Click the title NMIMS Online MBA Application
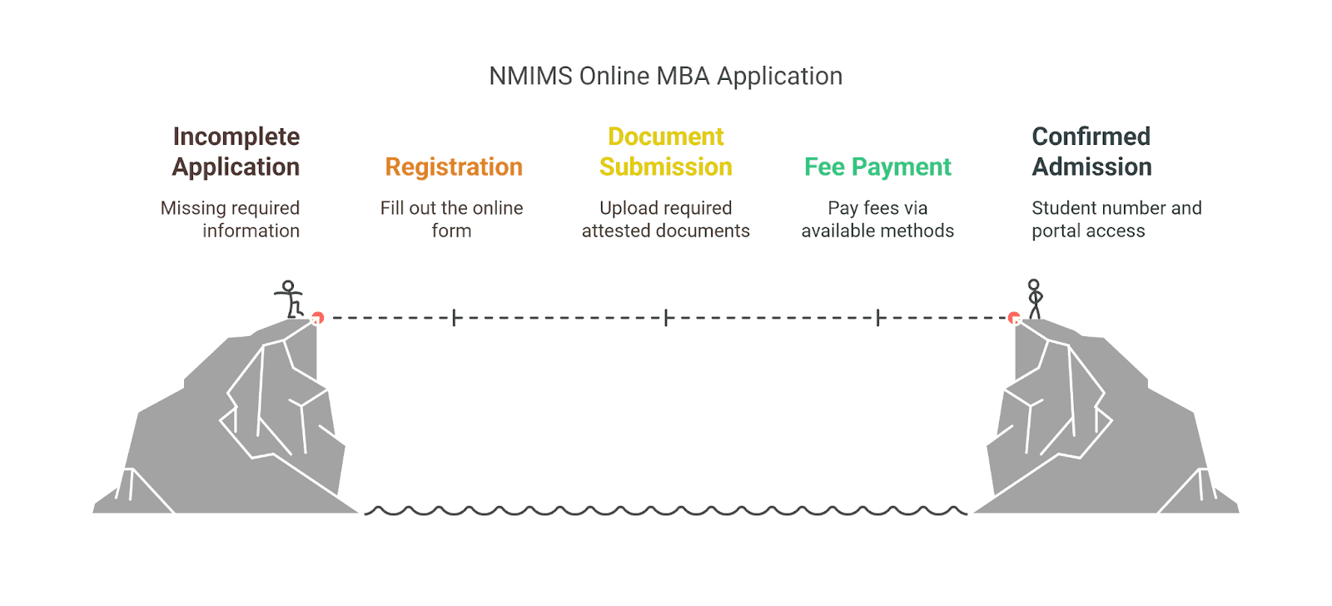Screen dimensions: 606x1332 click(665, 76)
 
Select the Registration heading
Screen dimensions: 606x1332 click(454, 167)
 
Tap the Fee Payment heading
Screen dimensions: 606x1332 click(877, 167)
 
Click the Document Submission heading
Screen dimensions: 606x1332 click(666, 151)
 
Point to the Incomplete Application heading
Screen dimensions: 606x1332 click(236, 151)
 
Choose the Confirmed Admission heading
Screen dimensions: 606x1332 click(1091, 151)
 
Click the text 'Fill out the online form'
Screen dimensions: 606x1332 click(452, 219)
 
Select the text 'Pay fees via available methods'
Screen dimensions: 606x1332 click(877, 219)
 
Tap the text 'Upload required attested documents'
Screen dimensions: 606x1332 click(666, 219)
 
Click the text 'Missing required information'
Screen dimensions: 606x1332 click(231, 219)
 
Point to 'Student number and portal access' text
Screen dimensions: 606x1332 click(1116, 219)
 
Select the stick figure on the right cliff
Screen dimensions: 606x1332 click(1035, 299)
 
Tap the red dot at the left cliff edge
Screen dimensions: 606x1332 click(317, 318)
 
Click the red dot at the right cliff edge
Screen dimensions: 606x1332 click(1014, 318)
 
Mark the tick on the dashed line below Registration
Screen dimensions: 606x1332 click(454, 318)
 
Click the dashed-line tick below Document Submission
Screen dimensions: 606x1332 click(666, 318)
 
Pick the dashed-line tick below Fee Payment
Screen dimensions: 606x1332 click(878, 318)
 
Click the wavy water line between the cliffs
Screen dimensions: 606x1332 click(666, 510)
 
